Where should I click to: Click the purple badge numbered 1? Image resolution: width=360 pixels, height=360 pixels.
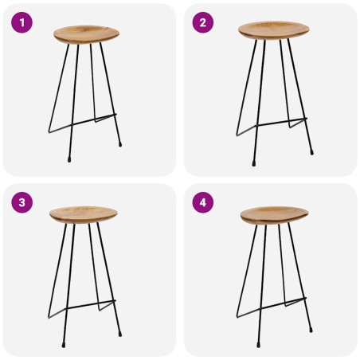click(x=22, y=22)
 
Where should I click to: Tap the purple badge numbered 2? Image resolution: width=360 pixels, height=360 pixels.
click(x=202, y=22)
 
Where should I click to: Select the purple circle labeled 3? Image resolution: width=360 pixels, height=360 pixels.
click(x=22, y=202)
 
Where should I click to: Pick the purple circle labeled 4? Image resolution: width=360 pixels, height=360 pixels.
click(x=202, y=202)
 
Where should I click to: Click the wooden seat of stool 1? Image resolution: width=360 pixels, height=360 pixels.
click(x=87, y=34)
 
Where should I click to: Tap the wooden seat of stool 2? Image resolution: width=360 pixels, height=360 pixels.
click(x=273, y=29)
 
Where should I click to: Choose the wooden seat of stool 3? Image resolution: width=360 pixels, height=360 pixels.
click(x=83, y=214)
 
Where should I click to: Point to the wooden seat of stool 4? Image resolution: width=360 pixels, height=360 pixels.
click(x=274, y=214)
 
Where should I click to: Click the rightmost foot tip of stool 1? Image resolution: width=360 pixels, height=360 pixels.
click(x=121, y=146)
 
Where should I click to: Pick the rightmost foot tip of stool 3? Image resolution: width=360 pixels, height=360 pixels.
click(x=121, y=331)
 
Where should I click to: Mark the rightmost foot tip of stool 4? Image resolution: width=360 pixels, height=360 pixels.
click(x=311, y=331)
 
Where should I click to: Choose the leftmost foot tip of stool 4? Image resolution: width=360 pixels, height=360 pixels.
click(x=237, y=318)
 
